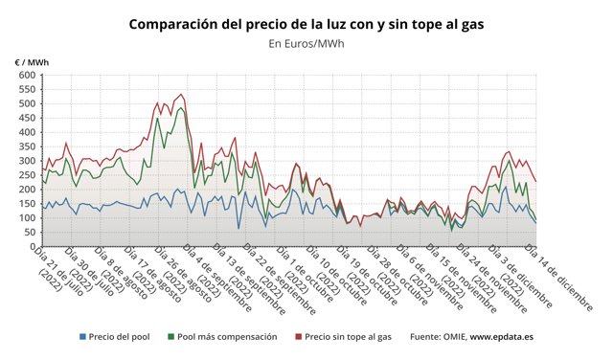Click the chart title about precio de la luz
pos(306,23)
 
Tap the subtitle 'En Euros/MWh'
pos(306,43)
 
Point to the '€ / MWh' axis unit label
pos(32,62)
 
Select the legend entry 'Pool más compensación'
pos(227,337)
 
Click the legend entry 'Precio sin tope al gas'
pos(348,337)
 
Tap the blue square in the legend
pos(83,337)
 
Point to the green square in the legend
pos(170,337)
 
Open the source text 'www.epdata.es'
pos(507,337)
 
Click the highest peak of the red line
pos(182,95)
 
